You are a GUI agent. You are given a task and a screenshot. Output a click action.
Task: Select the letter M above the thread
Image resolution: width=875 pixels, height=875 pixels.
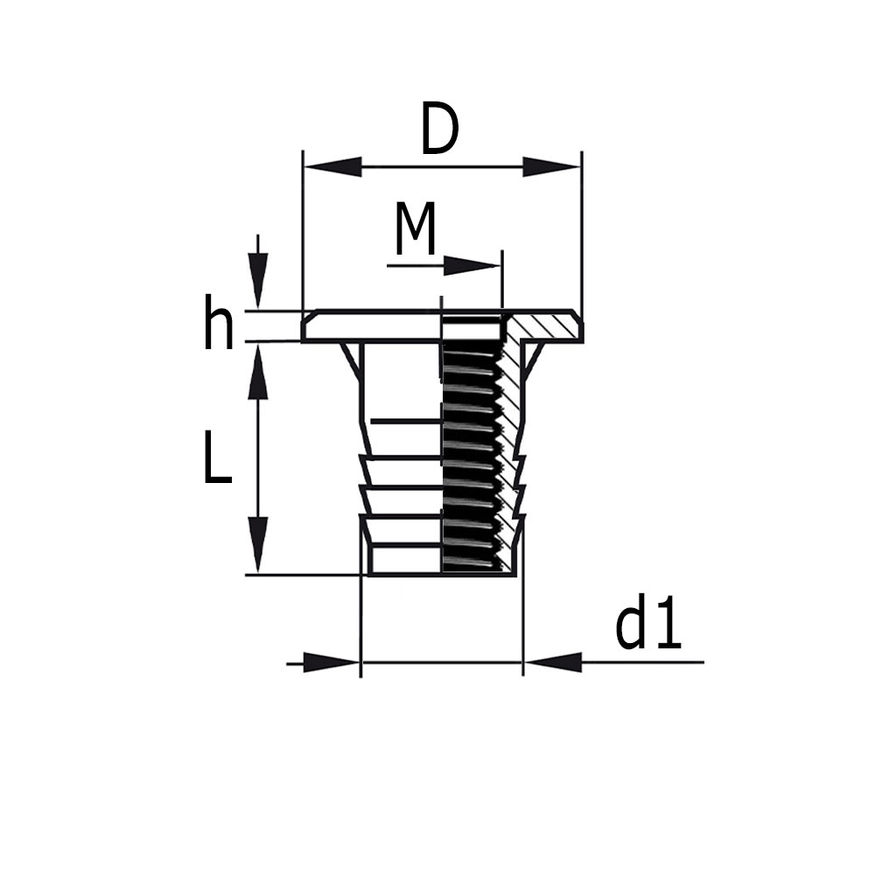415,229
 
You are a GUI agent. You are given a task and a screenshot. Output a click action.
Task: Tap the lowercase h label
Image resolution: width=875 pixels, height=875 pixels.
219,323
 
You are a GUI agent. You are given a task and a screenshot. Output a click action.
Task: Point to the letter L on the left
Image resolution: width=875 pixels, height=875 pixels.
217,458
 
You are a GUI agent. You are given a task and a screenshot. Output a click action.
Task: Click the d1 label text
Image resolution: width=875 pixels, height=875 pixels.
647,626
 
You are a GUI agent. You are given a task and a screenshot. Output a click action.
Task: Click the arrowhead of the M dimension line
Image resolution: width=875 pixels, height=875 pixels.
472,265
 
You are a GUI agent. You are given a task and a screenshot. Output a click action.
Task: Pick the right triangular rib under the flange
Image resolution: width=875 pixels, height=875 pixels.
533,359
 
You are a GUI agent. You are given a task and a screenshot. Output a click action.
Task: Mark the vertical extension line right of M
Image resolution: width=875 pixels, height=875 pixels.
502,280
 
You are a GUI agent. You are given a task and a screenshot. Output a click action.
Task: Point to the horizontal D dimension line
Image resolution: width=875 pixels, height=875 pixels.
442,166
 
